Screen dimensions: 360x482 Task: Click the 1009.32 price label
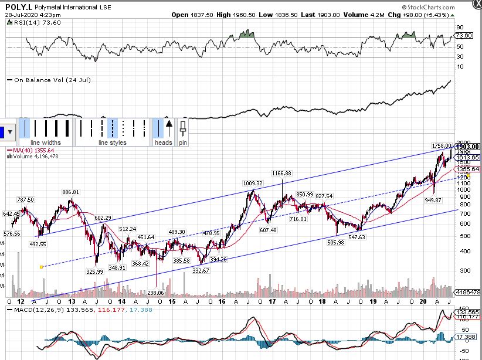pos(253,183)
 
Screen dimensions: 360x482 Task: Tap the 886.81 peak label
pos(71,192)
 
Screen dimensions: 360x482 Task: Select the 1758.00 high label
pos(441,145)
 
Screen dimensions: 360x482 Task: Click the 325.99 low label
pos(94,271)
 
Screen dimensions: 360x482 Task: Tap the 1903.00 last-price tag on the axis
pos(469,147)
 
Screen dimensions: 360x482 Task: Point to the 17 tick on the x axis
pos(272,301)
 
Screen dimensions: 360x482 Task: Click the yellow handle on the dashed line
pos(41,267)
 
